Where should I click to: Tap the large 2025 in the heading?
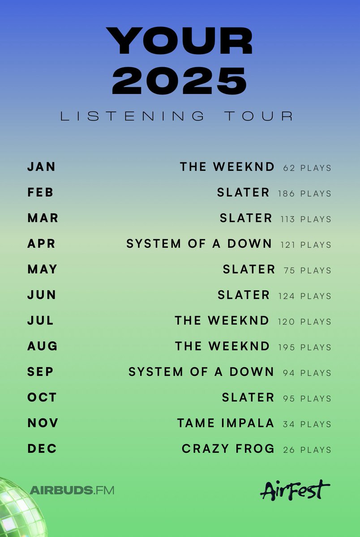point(180,81)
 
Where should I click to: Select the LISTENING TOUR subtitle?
point(177,116)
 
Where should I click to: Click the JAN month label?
point(42,166)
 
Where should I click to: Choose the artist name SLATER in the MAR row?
point(246,218)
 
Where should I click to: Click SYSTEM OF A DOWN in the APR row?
point(199,244)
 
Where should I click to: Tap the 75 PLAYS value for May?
point(307,270)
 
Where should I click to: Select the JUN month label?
point(42,295)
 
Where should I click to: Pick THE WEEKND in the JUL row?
point(222,320)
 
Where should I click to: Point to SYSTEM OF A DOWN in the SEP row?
point(201,372)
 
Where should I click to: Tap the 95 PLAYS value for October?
point(307,398)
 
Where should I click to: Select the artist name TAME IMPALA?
point(226,423)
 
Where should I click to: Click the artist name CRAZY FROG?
point(228,449)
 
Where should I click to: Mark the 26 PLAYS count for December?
point(307,450)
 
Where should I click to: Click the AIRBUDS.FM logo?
point(72,490)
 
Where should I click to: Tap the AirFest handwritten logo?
point(295,490)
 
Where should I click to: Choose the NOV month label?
point(43,423)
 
